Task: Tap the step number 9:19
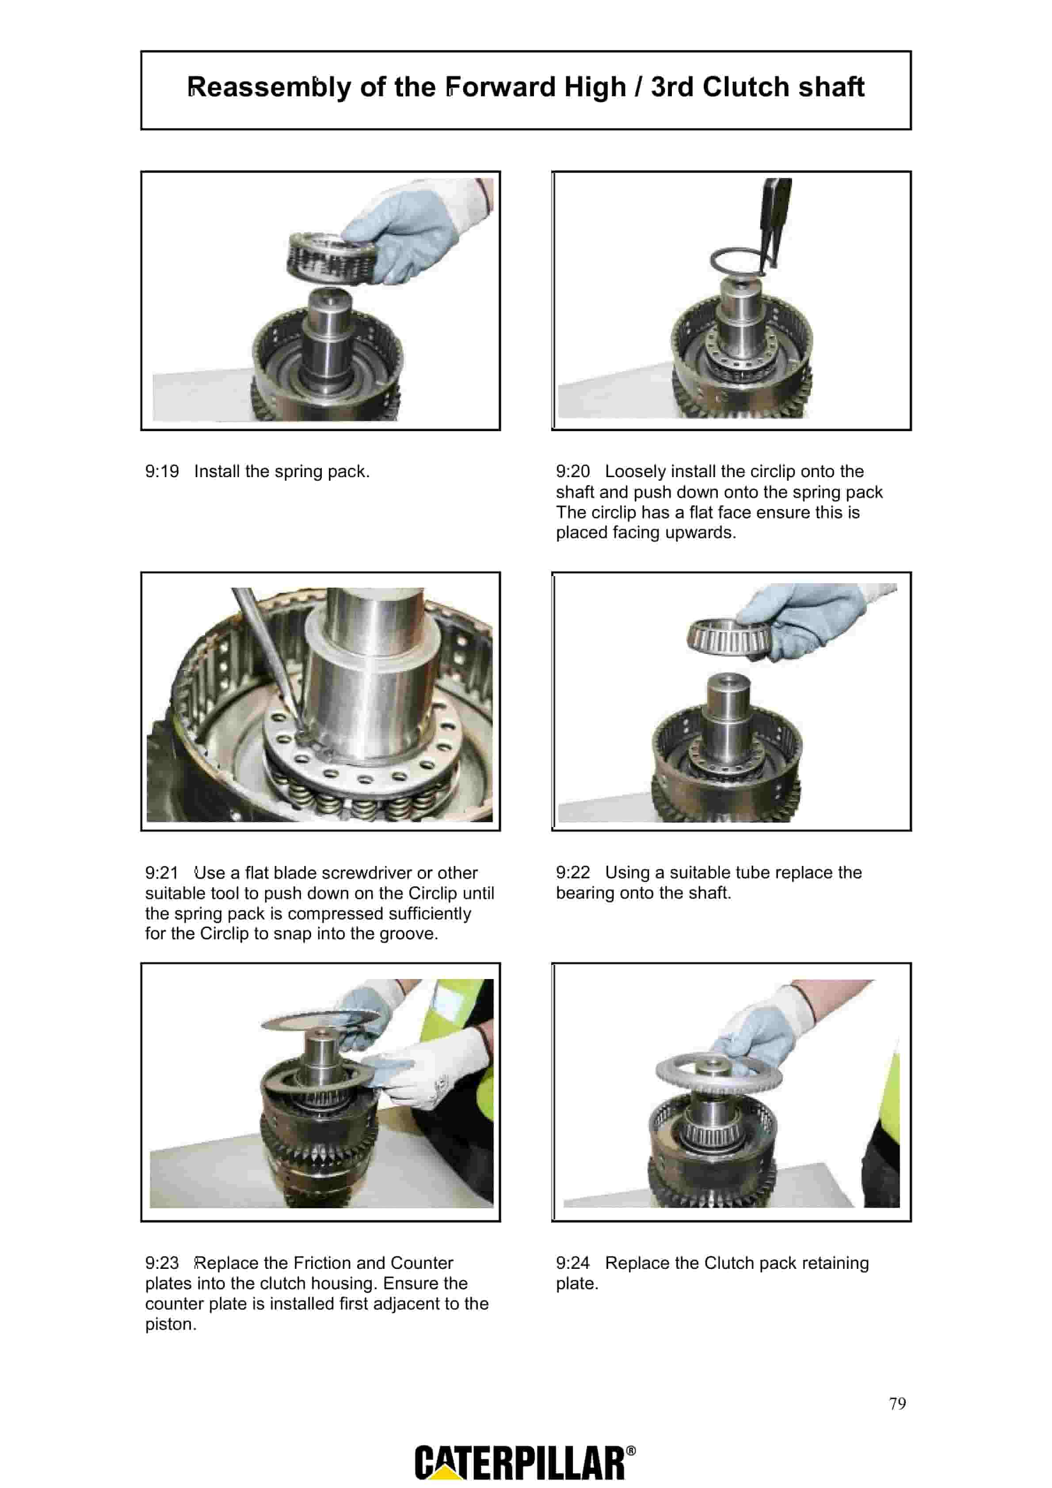pyautogui.click(x=162, y=472)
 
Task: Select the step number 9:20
pyautogui.click(x=573, y=472)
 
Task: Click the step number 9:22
pyautogui.click(x=573, y=873)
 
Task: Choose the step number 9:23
pyautogui.click(x=162, y=1263)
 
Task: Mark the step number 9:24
pyautogui.click(x=573, y=1263)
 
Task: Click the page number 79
pyautogui.click(x=898, y=1404)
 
